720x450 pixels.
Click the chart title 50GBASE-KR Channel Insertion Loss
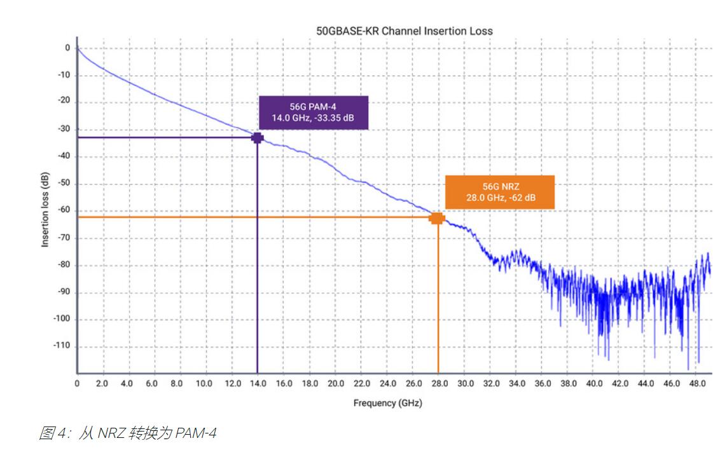[x=404, y=31]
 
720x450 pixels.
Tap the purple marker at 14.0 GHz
[x=257, y=137]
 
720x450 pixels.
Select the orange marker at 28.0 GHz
[x=437, y=218]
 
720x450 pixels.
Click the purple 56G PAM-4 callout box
[x=314, y=112]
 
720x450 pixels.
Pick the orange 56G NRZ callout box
[x=499, y=192]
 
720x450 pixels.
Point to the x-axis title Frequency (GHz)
[x=387, y=403]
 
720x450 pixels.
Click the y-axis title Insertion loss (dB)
[x=45, y=210]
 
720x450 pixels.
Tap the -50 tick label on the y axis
[x=64, y=184]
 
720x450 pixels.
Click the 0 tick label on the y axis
[x=67, y=48]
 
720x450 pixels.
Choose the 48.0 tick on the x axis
[x=698, y=384]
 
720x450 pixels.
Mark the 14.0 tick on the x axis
[x=257, y=384]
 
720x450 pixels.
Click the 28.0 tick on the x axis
[x=439, y=384]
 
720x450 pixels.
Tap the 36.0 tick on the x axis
[x=543, y=384]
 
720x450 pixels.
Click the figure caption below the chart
[x=127, y=433]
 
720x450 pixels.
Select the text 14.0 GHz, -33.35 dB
[x=314, y=118]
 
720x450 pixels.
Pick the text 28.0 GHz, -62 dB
[x=499, y=197]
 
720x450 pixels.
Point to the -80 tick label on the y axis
[x=64, y=265]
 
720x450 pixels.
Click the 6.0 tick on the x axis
[x=151, y=384]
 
